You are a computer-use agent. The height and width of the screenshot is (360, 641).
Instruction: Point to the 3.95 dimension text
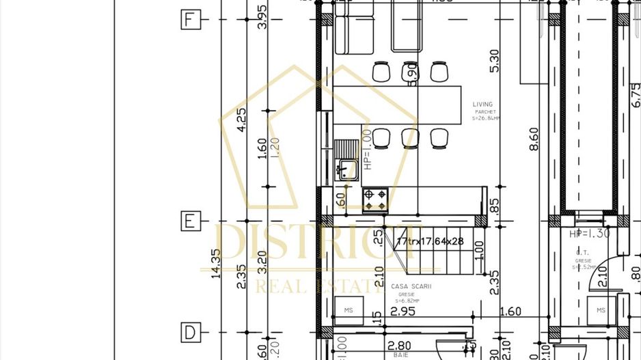pos(262,16)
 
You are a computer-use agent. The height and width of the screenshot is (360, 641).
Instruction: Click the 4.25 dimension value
pos(241,120)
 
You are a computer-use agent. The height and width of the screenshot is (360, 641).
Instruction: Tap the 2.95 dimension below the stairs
pos(403,311)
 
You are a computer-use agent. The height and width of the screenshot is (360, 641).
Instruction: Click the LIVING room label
pos(482,105)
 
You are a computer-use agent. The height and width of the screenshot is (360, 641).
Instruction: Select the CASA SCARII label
pos(411,287)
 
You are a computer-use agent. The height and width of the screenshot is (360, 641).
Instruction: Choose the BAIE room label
pos(400,355)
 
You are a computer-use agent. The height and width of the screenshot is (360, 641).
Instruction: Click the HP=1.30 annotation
pos(589,234)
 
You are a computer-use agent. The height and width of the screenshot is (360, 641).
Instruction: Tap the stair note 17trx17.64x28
pos(430,242)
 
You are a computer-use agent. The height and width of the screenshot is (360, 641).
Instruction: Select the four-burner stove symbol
pos(375,199)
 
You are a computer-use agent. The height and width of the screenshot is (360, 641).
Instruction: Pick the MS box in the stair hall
pos(349,311)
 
